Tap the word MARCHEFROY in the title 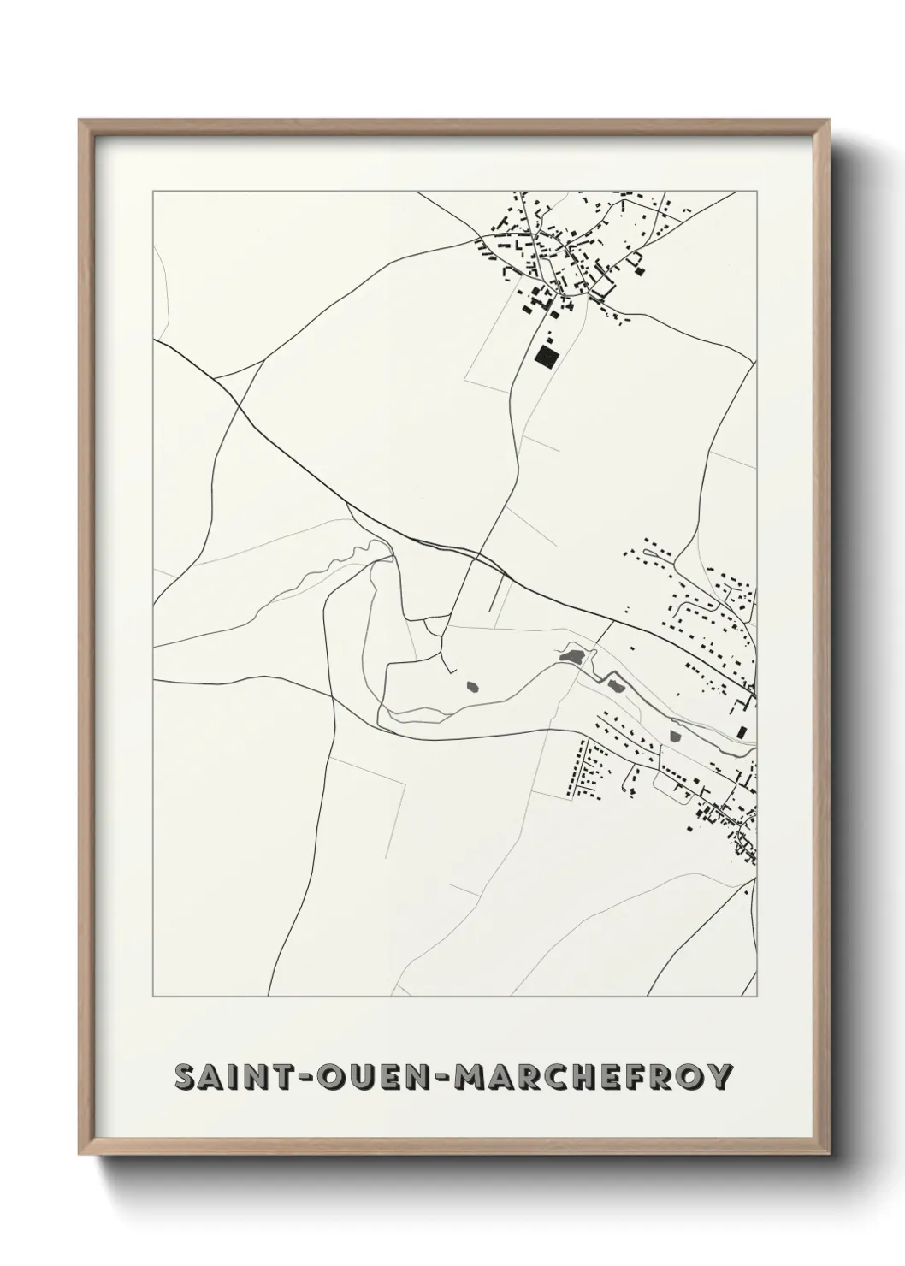click(594, 1077)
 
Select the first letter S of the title click(182, 1077)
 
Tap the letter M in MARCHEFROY click(469, 1077)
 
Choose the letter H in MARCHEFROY click(582, 1077)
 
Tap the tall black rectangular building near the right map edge click(742, 731)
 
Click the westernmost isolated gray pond click(471, 685)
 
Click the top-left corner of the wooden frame click(80, 121)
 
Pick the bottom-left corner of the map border click(153, 997)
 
